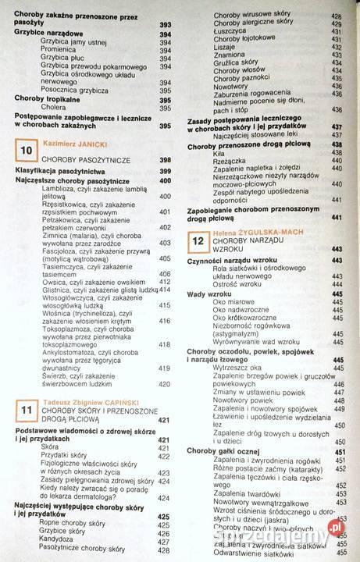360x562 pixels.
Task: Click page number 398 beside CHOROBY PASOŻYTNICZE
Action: point(165,159)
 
